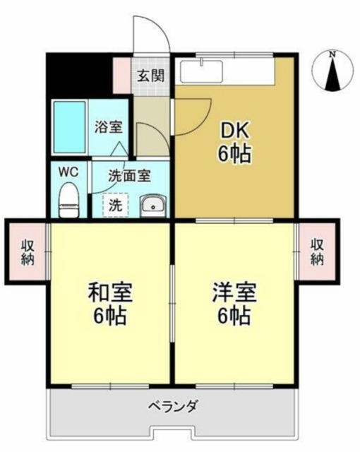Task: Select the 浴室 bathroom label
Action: click(109, 128)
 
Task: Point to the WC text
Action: click(68, 172)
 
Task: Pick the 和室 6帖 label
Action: click(109, 303)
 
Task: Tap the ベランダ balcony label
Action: click(173, 408)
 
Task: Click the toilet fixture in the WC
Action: click(68, 199)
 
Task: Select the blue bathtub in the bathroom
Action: click(69, 126)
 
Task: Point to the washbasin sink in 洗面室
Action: click(152, 206)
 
